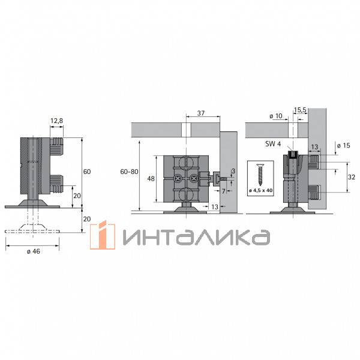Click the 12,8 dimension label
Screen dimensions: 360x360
pyautogui.click(x=57, y=121)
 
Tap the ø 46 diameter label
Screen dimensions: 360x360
pyautogui.click(x=34, y=251)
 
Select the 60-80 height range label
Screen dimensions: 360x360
pyautogui.click(x=129, y=172)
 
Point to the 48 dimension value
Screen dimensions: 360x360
pyautogui.click(x=151, y=179)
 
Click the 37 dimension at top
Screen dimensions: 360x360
pyautogui.click(x=201, y=113)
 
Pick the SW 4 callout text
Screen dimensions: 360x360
pyautogui.click(x=273, y=144)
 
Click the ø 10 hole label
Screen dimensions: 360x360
pyautogui.click(x=276, y=116)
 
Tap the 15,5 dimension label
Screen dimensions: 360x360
pyautogui.click(x=300, y=110)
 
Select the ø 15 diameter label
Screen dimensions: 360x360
pyautogui.click(x=344, y=145)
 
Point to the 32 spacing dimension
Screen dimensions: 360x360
pyautogui.click(x=352, y=177)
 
